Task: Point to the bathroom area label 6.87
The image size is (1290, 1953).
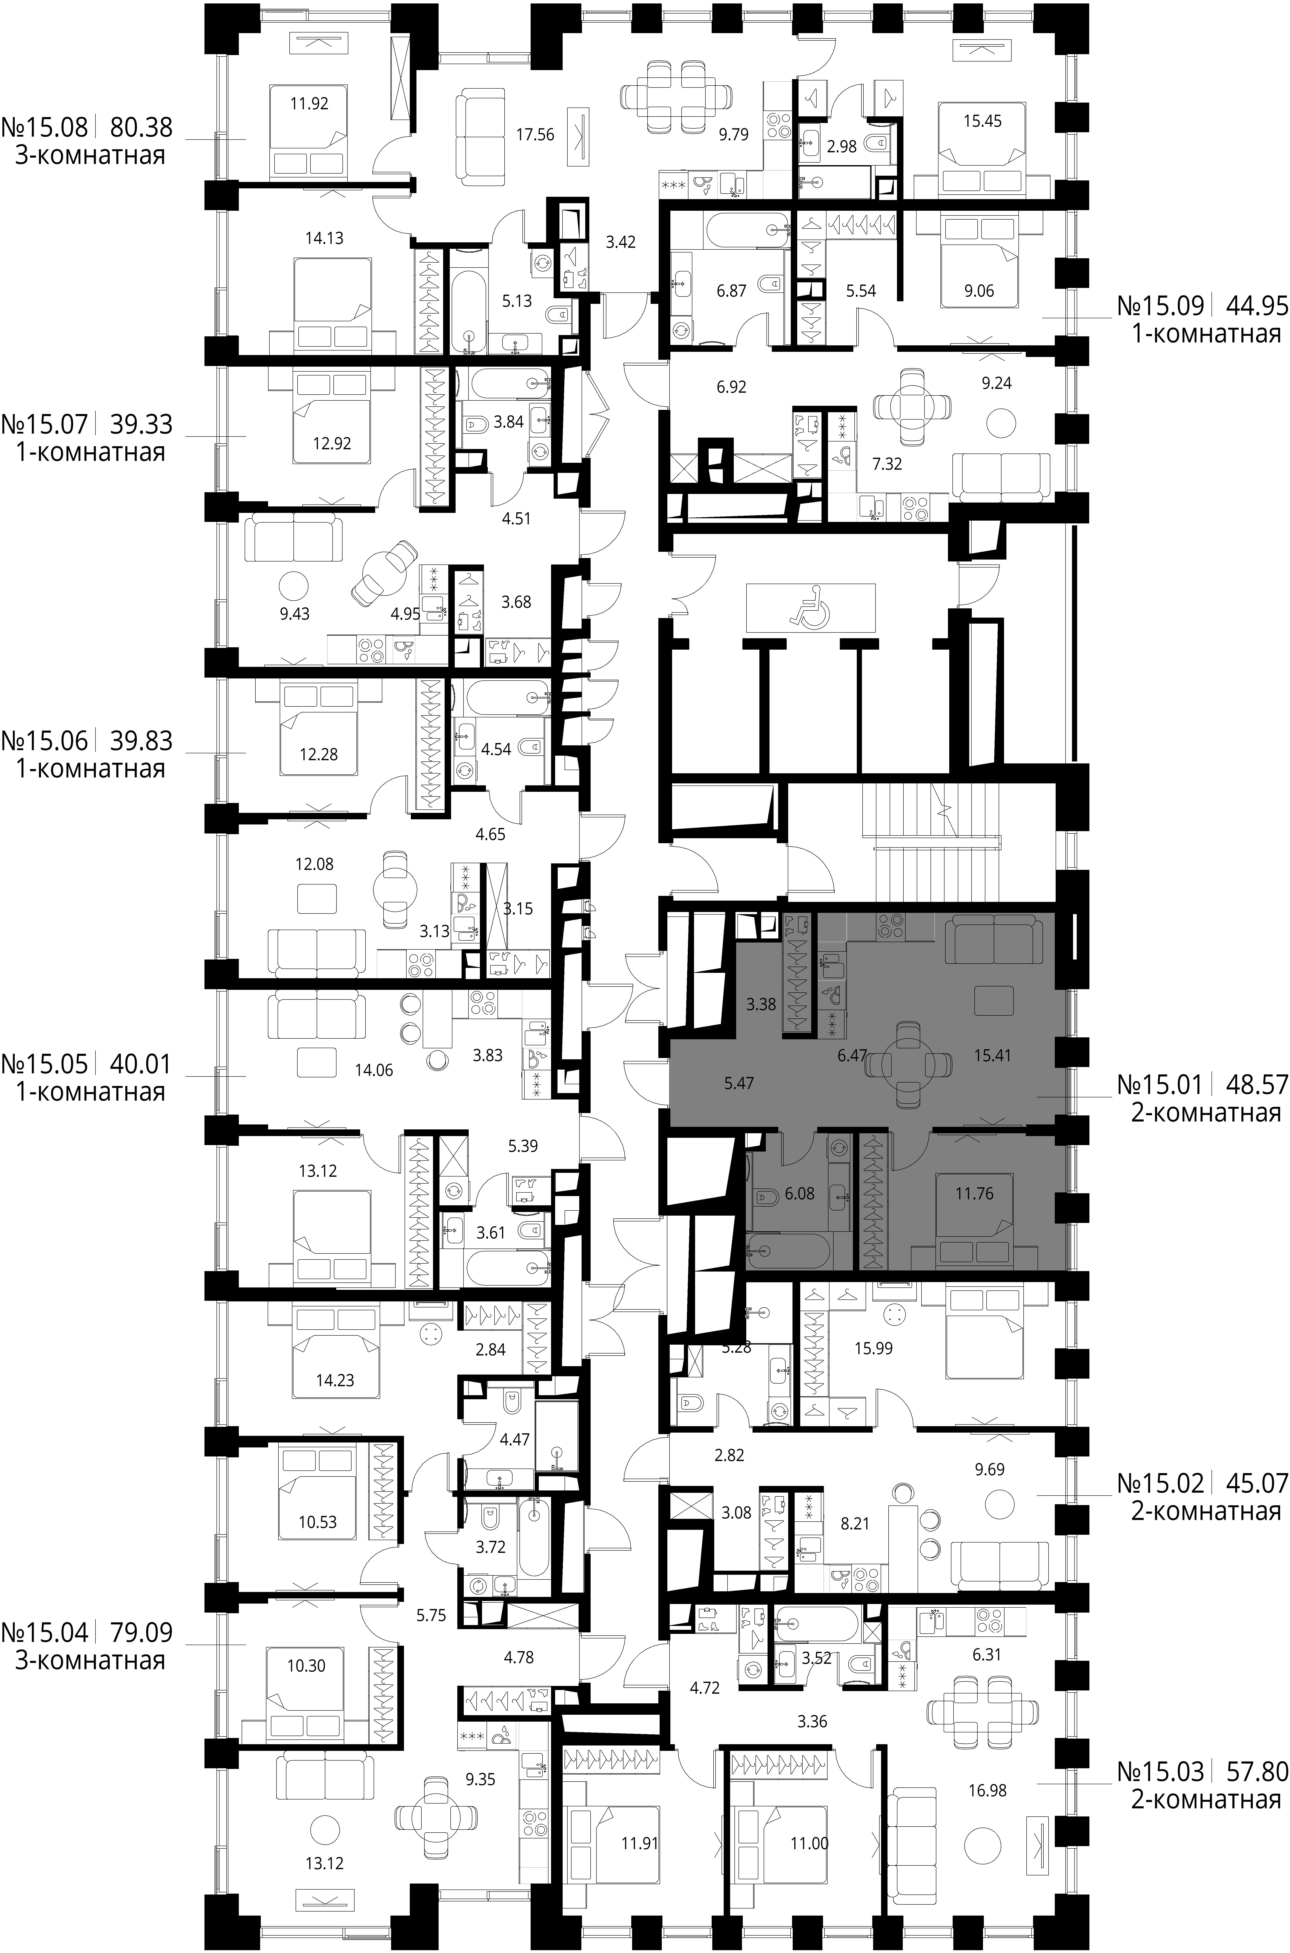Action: [x=731, y=290]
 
